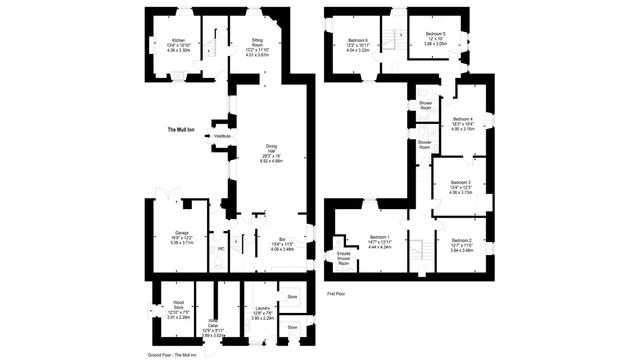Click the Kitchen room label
(178, 40)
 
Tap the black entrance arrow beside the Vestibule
(207, 136)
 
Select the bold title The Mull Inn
(181, 129)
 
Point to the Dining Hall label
(271, 148)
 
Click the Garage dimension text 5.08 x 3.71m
(181, 243)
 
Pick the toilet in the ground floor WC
(218, 262)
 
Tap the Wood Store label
(178, 305)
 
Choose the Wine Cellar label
(213, 323)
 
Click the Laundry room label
(262, 308)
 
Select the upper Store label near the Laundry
(292, 297)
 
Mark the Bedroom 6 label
(357, 40)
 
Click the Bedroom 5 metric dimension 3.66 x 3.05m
(435, 43)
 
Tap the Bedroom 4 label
(463, 119)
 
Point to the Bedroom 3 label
(460, 182)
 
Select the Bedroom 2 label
(461, 240)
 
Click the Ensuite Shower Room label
(343, 258)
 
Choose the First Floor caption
(336, 293)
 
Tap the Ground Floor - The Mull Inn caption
(172, 355)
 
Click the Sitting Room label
(257, 42)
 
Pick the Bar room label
(282, 239)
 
